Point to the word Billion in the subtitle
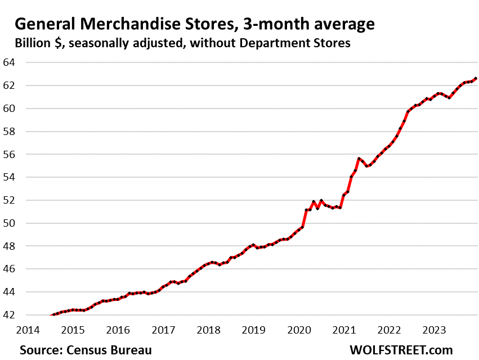37,43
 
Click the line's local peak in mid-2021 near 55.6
359,159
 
